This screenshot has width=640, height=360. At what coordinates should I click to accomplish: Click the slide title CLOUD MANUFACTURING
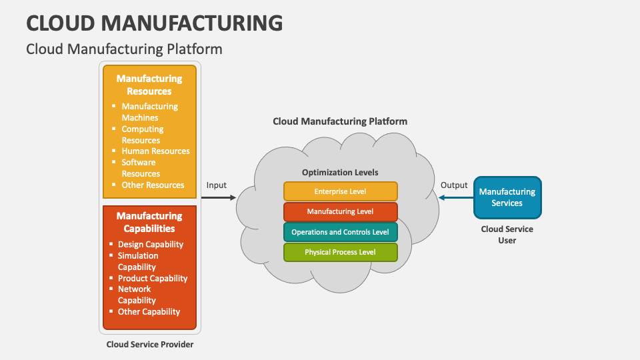(154, 23)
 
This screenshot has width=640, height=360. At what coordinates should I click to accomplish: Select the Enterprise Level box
(340, 191)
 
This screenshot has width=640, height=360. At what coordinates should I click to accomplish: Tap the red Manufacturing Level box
(340, 212)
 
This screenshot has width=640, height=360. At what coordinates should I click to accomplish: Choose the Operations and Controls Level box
(340, 232)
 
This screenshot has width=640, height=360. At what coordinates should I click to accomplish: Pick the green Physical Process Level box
(340, 252)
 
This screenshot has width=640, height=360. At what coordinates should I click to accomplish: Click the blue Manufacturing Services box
(507, 197)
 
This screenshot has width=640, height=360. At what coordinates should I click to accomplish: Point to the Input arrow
(219, 197)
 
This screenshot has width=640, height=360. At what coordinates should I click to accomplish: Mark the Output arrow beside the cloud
(455, 197)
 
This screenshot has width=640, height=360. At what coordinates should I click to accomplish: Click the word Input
(217, 185)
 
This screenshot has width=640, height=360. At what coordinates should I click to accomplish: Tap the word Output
(455, 185)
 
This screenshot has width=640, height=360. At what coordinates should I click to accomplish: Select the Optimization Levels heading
(340, 172)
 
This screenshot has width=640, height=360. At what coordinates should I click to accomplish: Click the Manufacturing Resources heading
(149, 85)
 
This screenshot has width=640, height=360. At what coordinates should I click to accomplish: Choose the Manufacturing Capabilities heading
(149, 222)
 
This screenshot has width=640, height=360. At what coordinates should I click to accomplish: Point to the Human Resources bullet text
(155, 151)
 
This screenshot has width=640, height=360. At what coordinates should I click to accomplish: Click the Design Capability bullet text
(151, 245)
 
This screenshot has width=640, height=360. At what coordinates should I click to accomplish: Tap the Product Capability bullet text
(153, 278)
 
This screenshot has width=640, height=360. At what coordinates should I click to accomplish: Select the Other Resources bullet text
(153, 185)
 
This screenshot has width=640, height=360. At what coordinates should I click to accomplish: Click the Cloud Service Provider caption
(150, 345)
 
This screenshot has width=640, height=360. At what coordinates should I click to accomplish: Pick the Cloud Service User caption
(507, 235)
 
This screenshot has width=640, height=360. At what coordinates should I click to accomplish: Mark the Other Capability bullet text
(149, 311)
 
